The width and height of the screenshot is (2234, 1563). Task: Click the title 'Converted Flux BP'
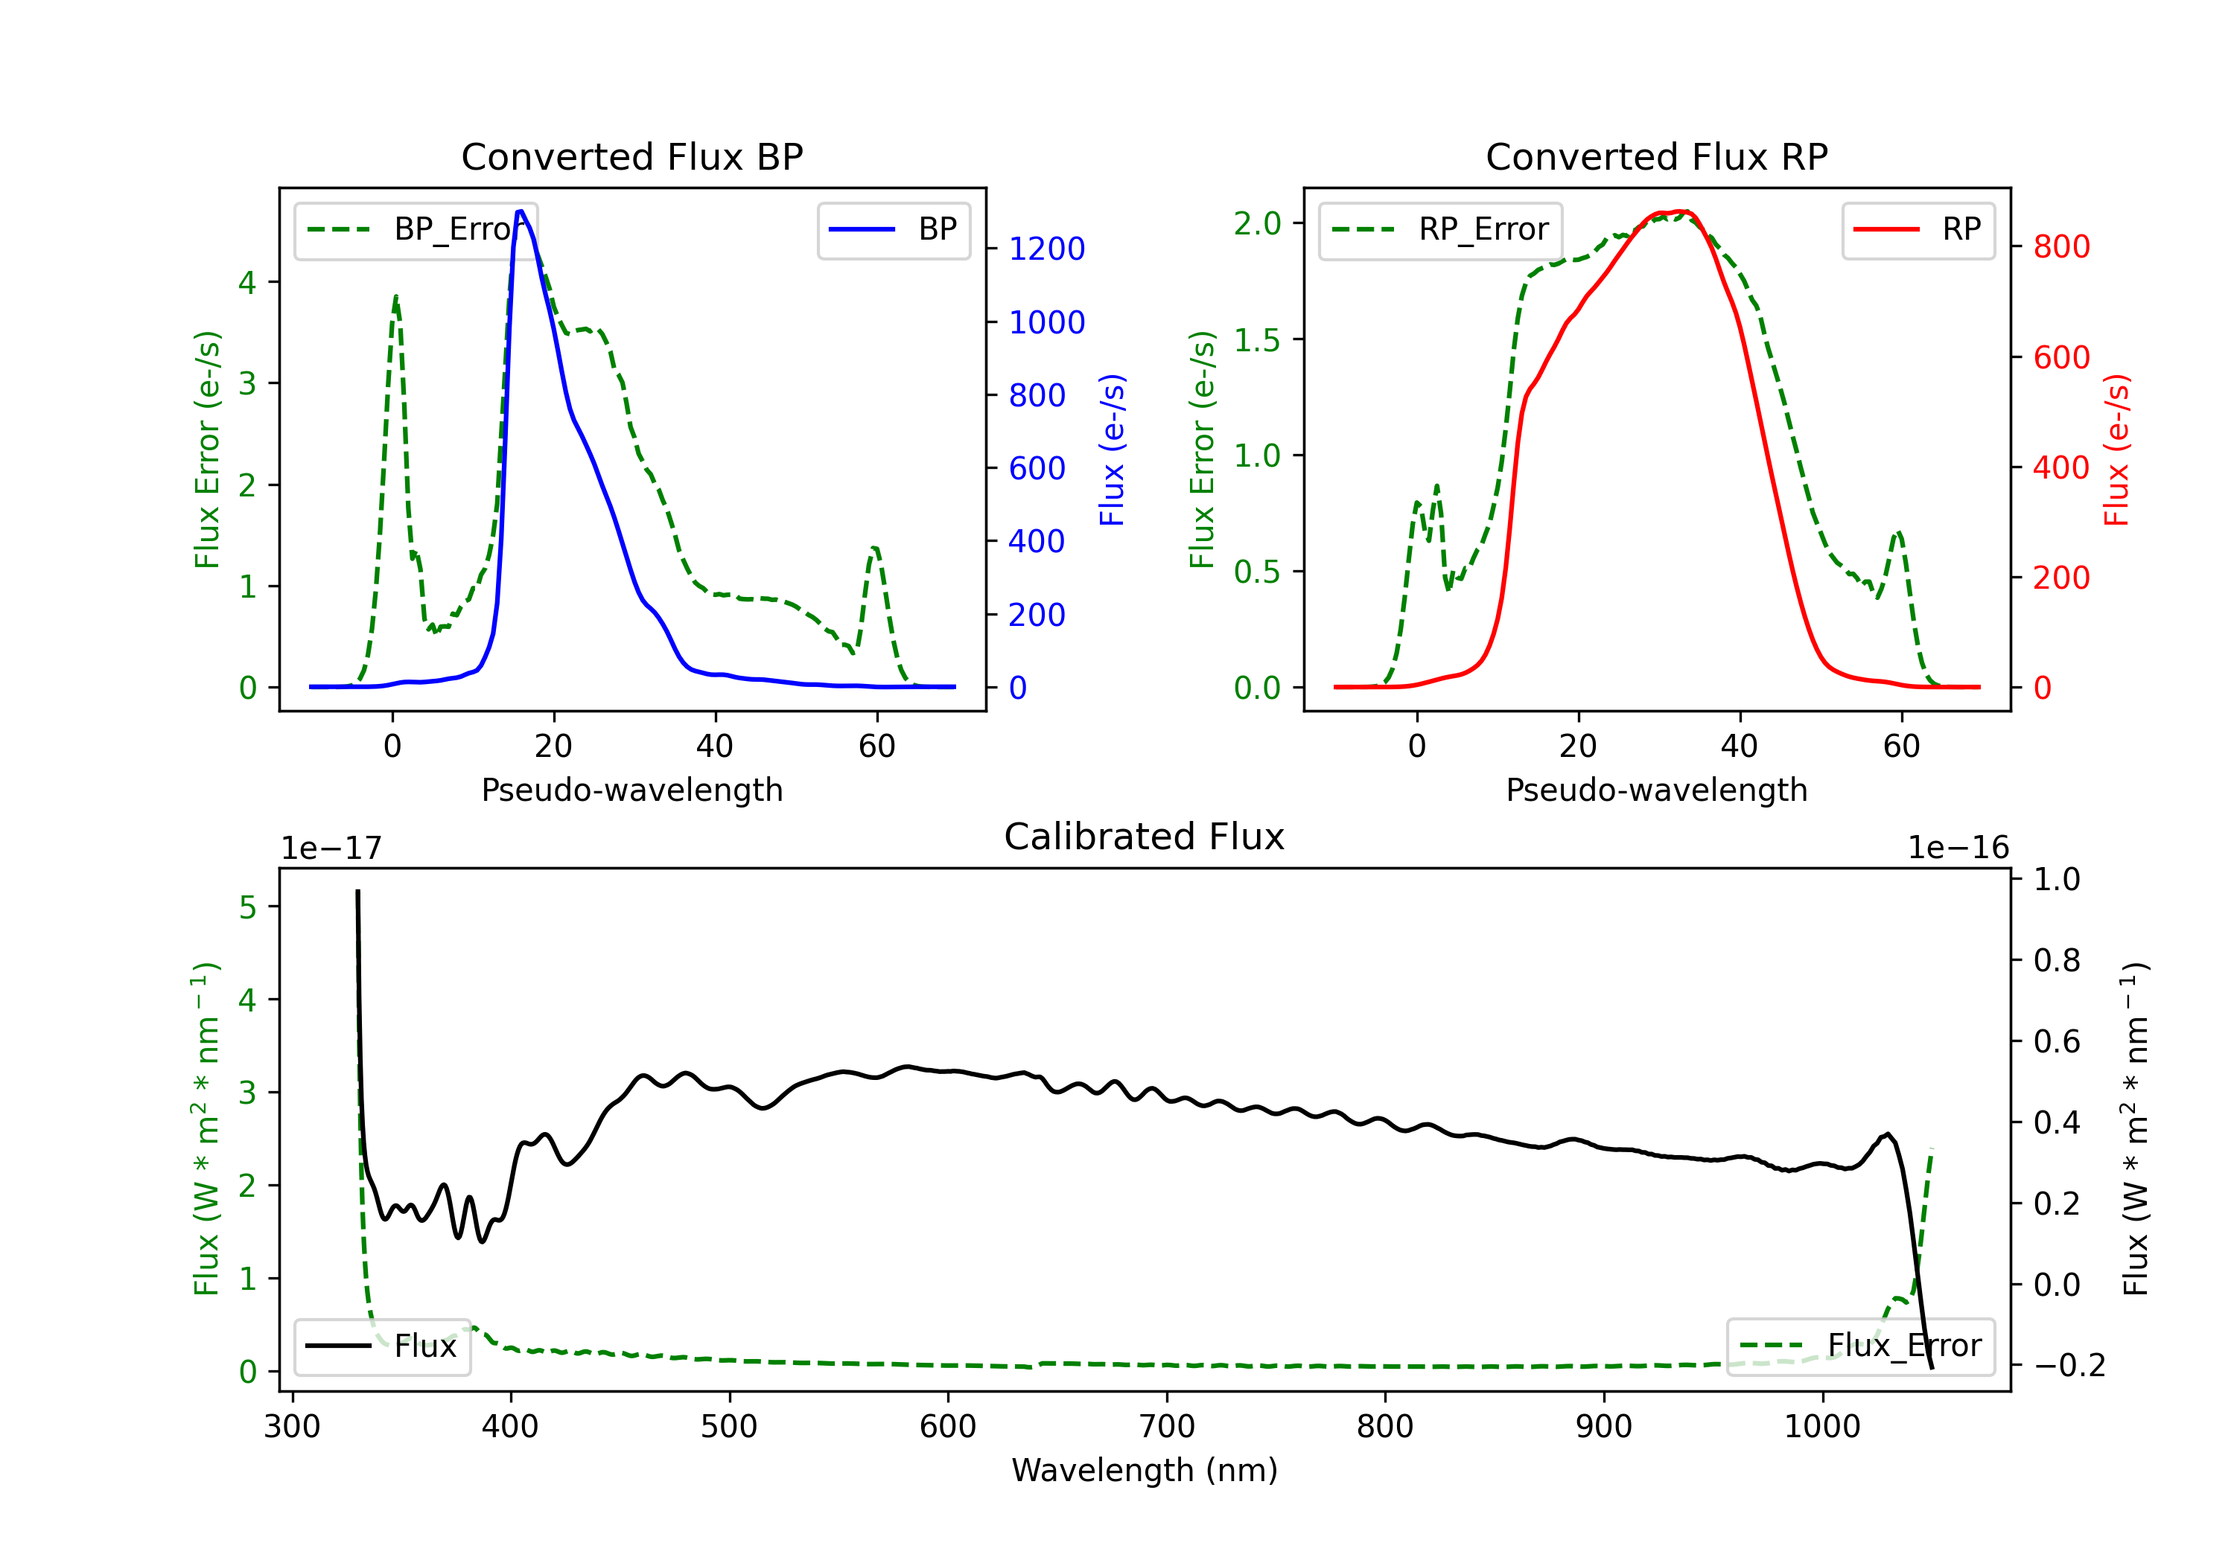pyautogui.click(x=631, y=156)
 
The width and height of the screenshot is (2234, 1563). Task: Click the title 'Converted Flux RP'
pyautogui.click(x=1656, y=156)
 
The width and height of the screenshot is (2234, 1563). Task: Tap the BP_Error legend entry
pyautogui.click(x=416, y=229)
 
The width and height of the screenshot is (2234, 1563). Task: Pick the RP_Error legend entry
pyautogui.click(x=1440, y=229)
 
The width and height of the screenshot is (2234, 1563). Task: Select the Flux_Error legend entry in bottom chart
pyautogui.click(x=1860, y=1346)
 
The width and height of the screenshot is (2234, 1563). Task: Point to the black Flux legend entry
pyautogui.click(x=383, y=1346)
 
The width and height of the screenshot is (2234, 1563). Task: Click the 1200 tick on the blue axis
pyautogui.click(x=1046, y=249)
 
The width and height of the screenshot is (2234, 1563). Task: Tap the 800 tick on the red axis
pyautogui.click(x=2060, y=247)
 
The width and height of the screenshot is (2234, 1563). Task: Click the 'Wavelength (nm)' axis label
pyautogui.click(x=1145, y=1470)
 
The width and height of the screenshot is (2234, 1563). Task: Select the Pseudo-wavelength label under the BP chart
pyautogui.click(x=631, y=790)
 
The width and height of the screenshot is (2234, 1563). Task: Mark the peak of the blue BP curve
pyautogui.click(x=521, y=211)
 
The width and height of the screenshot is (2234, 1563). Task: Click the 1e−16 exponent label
pyautogui.click(x=1958, y=848)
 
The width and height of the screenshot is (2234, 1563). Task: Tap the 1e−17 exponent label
pyautogui.click(x=331, y=848)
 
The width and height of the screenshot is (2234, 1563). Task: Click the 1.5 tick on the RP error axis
pyautogui.click(x=1257, y=339)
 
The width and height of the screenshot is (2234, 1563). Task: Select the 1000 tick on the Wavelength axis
pyautogui.click(x=1821, y=1427)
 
